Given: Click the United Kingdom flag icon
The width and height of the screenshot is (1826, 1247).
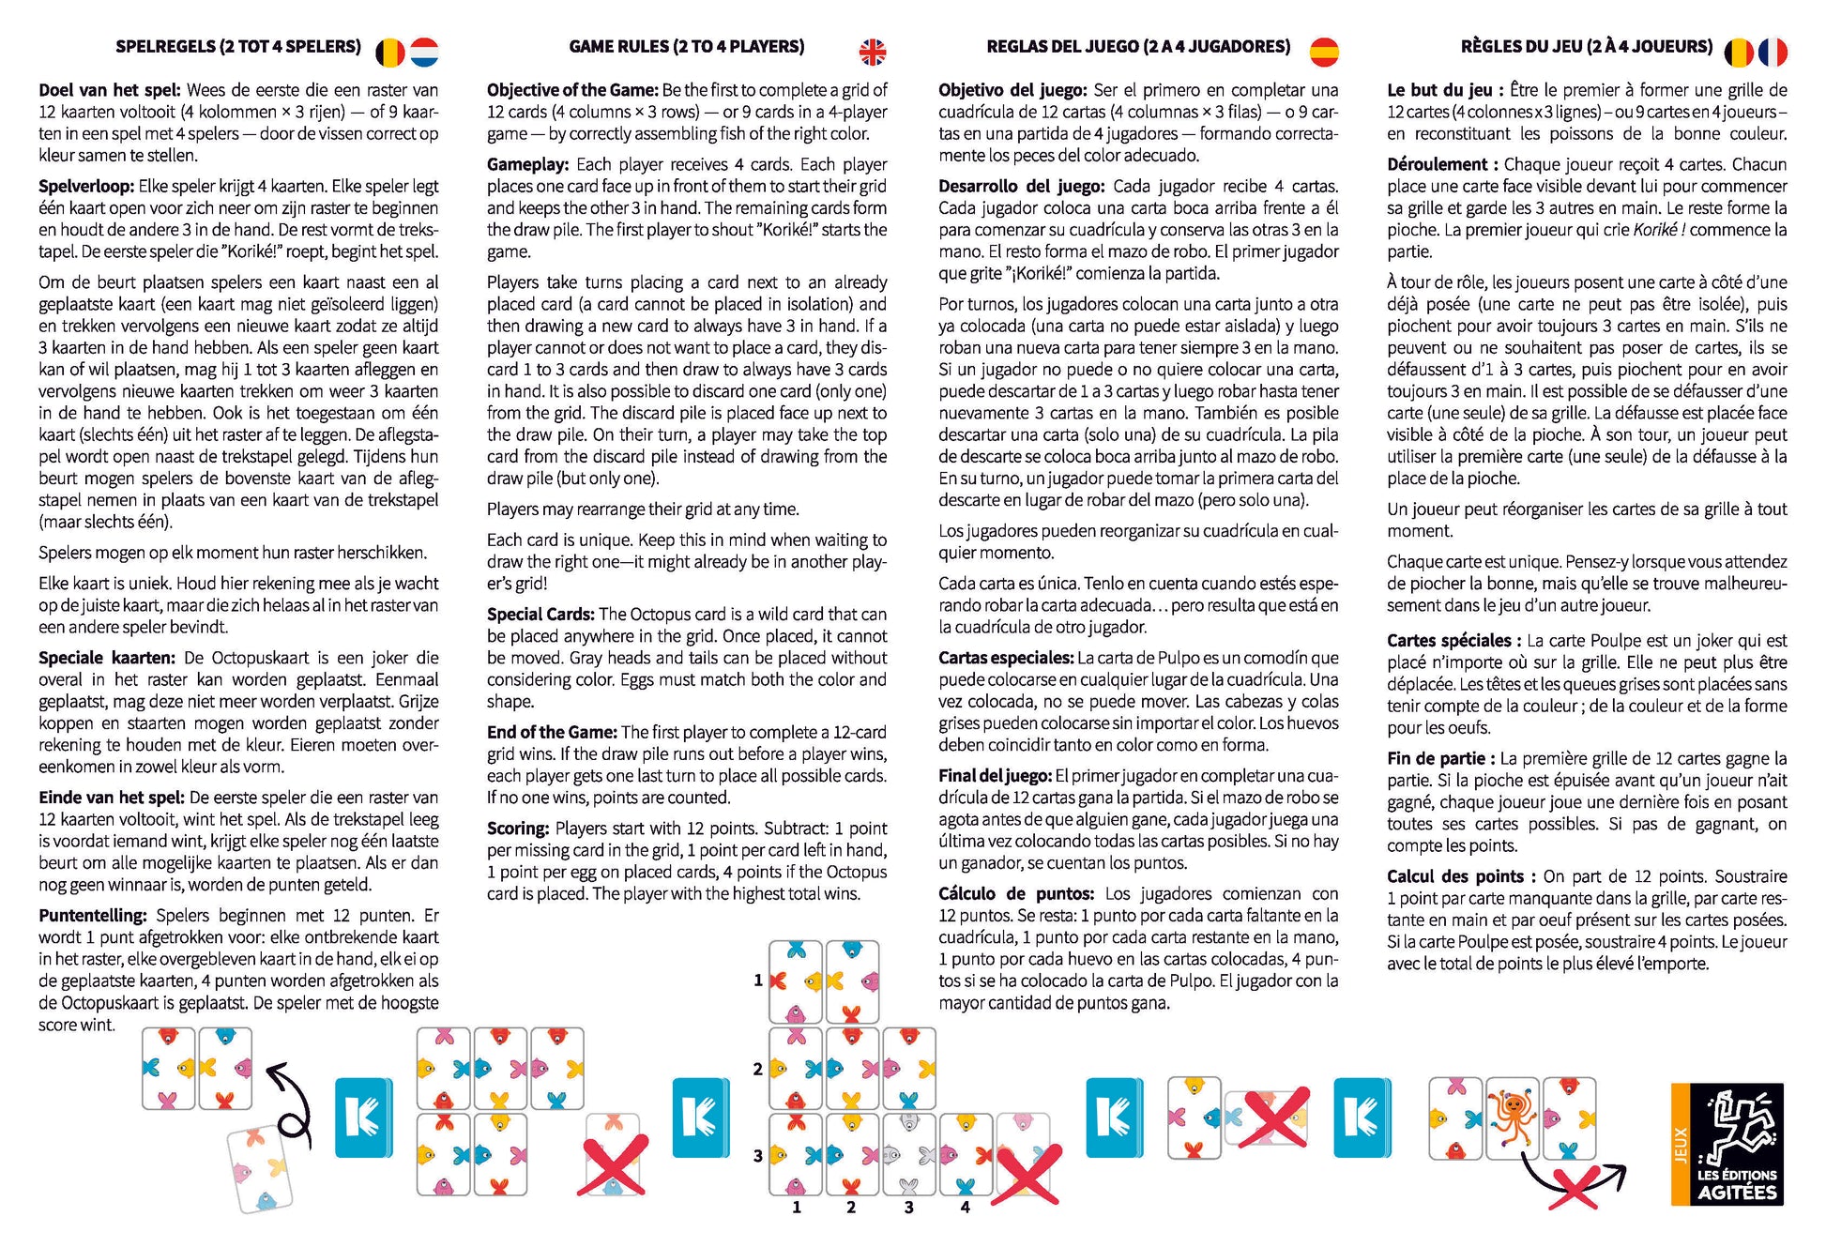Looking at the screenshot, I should [x=872, y=52].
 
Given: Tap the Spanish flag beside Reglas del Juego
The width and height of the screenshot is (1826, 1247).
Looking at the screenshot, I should [x=1323, y=52].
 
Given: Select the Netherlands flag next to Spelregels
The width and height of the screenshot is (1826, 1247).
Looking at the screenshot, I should [x=424, y=52].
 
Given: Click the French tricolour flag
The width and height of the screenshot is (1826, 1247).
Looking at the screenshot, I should [x=1773, y=52].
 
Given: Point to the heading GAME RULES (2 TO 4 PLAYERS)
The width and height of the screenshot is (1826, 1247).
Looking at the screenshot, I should [x=686, y=46].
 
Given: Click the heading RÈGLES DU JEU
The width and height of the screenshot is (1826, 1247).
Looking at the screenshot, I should [x=1586, y=46].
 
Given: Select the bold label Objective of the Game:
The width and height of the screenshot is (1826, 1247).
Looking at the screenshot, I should [x=572, y=90].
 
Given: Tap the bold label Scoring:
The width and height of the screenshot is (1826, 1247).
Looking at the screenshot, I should [x=517, y=829].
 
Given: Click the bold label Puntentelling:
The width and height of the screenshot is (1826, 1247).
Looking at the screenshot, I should [x=93, y=916].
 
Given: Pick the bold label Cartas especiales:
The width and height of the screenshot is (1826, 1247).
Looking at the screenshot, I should [x=1005, y=658].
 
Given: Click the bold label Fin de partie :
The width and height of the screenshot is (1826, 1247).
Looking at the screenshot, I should [x=1441, y=758].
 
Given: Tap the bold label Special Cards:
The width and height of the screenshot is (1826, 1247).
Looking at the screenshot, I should [x=540, y=615].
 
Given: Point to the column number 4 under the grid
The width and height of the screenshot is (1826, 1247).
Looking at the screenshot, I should [x=965, y=1207].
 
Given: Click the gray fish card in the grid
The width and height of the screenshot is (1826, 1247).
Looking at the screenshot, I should [x=907, y=1155].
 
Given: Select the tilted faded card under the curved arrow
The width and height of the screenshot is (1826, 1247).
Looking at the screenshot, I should [x=261, y=1168].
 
